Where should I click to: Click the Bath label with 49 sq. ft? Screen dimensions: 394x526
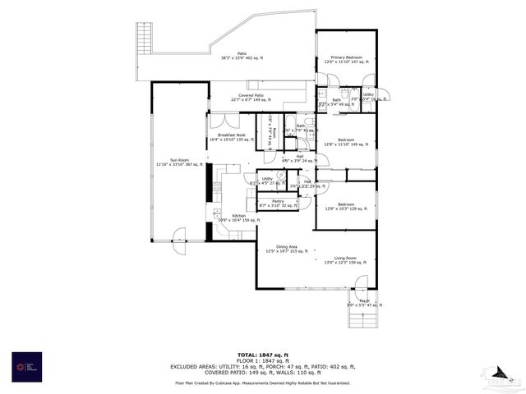click(336, 102)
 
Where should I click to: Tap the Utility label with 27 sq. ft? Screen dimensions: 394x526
click(267, 180)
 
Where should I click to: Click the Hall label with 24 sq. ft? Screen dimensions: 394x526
click(300, 158)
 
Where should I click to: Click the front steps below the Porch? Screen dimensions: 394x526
click(362, 319)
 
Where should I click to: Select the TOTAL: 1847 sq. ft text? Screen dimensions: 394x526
click(262, 355)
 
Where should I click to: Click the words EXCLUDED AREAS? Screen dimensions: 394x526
click(196, 366)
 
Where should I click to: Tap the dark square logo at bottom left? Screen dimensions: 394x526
click(26, 367)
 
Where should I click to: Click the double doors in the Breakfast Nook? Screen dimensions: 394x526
click(219, 121)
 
